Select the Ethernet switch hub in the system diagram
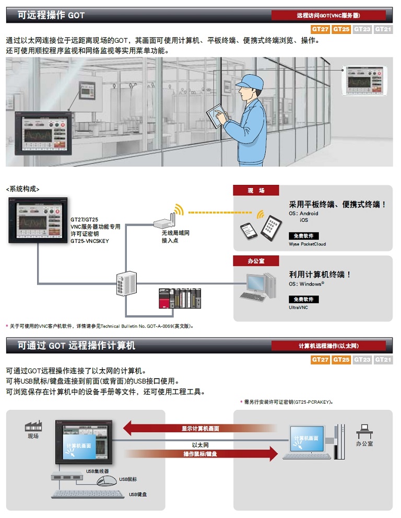pyautogui.click(x=125, y=285)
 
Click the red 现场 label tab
pyautogui.click(x=256, y=191)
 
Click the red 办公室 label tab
pyautogui.click(x=256, y=261)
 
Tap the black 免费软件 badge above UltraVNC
pyautogui.click(x=303, y=299)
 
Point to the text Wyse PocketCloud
pyautogui.click(x=307, y=244)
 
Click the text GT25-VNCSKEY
pyautogui.click(x=89, y=241)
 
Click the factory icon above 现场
pyautogui.click(x=33, y=426)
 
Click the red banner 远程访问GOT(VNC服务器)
pyautogui.click(x=329, y=16)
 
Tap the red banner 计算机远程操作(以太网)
pyautogui.click(x=329, y=346)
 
